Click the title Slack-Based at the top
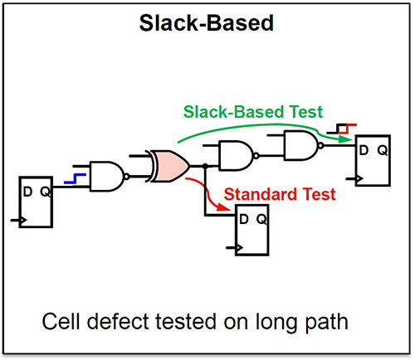tap(207, 23)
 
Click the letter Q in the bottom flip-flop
tap(261, 220)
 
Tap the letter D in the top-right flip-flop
tap(362, 150)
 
